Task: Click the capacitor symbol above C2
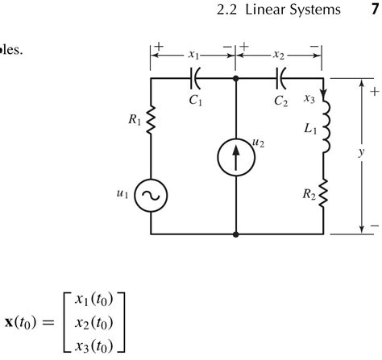pyautogui.click(x=281, y=80)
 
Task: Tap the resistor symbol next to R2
pyautogui.click(x=323, y=194)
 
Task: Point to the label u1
pyautogui.click(x=123, y=194)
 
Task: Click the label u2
pyautogui.click(x=259, y=143)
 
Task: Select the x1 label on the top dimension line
pyautogui.click(x=193, y=55)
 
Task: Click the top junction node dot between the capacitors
pyautogui.click(x=235, y=80)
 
